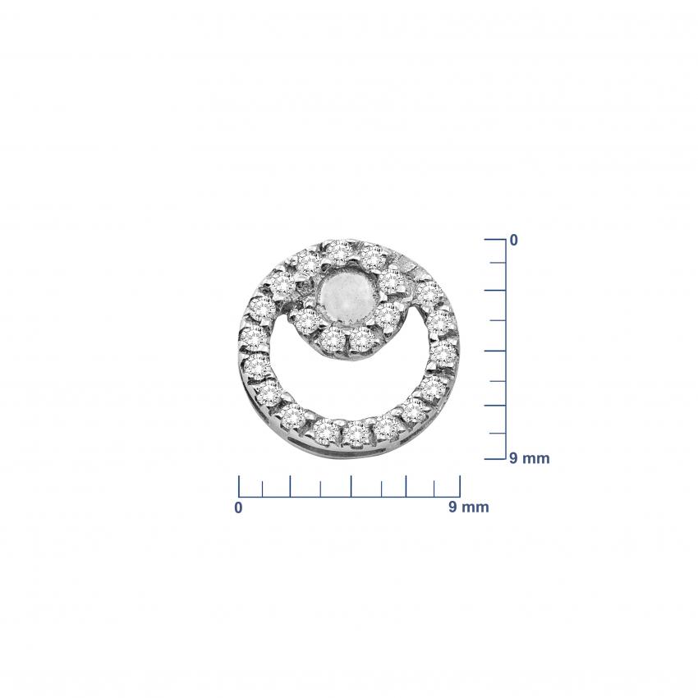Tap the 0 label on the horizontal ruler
click(x=239, y=507)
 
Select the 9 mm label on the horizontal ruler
click(x=468, y=507)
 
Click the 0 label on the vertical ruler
click(x=514, y=241)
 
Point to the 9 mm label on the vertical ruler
click(x=530, y=458)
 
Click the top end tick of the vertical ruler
click(x=495, y=240)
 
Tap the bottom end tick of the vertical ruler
click(x=495, y=458)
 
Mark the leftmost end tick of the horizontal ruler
click(x=239, y=486)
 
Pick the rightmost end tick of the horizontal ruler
click(x=460, y=486)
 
